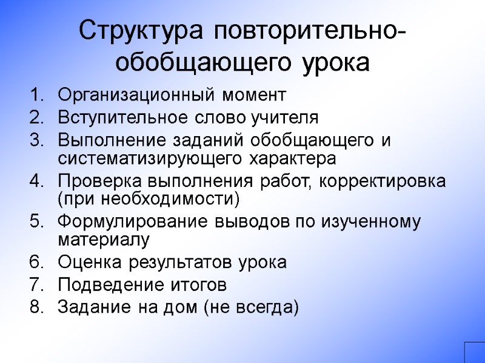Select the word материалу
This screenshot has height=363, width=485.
point(102,239)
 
